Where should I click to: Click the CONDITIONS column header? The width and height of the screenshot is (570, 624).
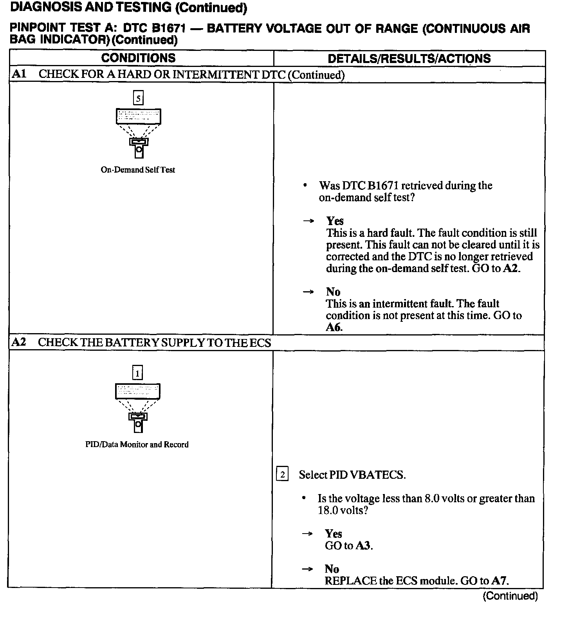point(138,58)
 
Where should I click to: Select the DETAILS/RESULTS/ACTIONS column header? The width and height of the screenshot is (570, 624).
point(409,58)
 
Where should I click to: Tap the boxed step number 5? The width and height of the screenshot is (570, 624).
point(138,98)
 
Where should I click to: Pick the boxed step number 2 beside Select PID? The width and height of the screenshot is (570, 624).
point(282,474)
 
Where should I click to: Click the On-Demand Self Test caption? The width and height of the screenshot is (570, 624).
point(138,170)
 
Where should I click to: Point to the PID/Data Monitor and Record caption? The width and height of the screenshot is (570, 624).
point(137,444)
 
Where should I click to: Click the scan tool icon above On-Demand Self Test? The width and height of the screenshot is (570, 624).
point(139,133)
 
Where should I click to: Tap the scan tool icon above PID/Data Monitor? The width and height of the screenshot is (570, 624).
point(138,408)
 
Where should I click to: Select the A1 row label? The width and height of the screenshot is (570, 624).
point(19,74)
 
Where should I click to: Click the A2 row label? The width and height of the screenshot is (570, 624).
point(19,342)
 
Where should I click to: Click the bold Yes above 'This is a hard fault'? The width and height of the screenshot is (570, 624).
point(335,221)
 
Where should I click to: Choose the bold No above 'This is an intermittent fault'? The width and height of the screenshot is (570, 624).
point(333,292)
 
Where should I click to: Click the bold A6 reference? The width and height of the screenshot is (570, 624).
point(334,327)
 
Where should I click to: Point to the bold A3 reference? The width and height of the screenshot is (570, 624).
point(363,545)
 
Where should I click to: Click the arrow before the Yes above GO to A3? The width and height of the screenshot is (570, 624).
point(308,534)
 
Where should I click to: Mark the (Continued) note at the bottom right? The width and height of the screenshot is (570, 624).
point(510,596)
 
